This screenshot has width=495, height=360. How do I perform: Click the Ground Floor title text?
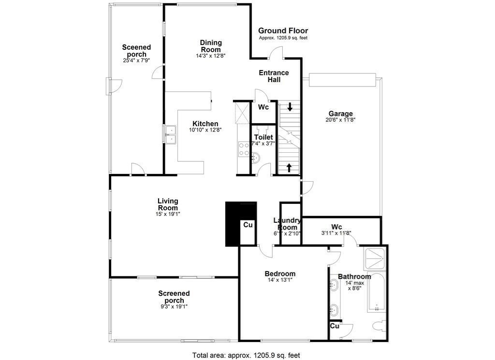283,31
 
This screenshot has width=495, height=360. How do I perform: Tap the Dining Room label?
211,46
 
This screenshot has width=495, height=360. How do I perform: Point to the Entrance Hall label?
274,76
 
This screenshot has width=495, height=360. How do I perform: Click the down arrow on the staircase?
290,106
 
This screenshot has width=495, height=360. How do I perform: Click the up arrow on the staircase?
290,168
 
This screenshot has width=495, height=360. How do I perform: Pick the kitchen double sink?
170,134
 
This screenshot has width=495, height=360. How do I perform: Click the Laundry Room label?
288,224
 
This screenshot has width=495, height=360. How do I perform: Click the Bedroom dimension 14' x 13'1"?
280,280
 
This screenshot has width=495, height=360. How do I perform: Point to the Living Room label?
168,204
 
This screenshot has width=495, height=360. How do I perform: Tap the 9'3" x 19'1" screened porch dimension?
174,306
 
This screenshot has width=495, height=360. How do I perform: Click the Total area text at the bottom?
246,355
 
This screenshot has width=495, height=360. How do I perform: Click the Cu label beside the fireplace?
248,225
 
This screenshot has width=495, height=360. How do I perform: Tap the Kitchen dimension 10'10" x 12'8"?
205,130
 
